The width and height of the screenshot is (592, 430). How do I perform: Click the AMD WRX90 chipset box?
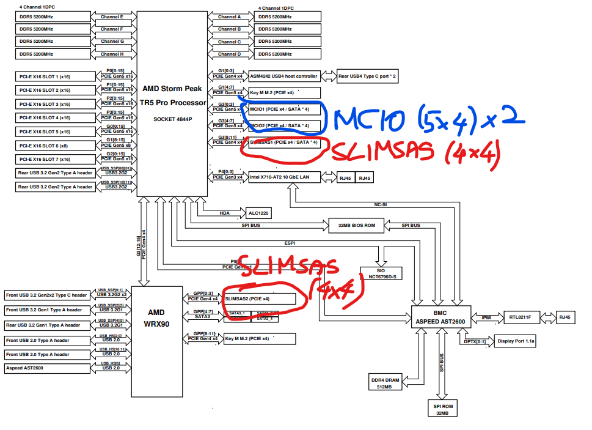156,317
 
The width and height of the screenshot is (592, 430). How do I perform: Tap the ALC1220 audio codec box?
258,213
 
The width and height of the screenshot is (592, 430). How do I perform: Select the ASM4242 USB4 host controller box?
283,76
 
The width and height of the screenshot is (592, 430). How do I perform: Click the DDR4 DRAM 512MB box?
384,383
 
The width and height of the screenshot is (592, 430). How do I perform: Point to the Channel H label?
112,54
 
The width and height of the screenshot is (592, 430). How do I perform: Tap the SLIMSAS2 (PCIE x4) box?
263,298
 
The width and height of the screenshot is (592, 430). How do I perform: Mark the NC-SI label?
381,205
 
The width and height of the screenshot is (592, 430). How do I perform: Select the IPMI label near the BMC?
486,317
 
